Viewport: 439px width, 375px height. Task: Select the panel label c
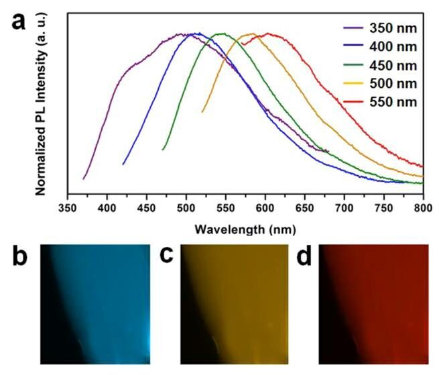coord(167,257)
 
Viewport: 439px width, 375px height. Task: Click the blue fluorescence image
coord(96,303)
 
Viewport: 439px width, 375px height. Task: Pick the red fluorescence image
coord(373,303)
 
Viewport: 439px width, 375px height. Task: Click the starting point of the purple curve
coord(84,179)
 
